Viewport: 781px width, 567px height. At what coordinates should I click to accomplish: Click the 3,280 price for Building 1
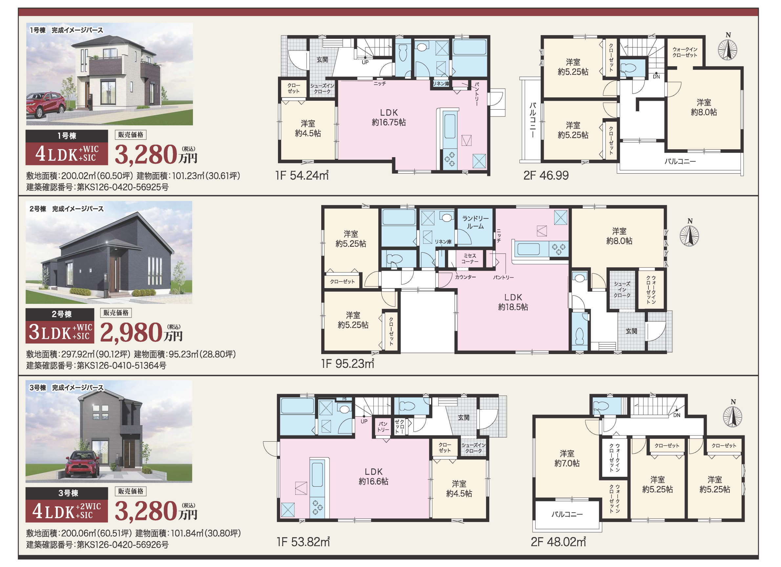tap(146, 155)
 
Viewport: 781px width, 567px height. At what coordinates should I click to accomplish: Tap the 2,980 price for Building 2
tap(131, 333)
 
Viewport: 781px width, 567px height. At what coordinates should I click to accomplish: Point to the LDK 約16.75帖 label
tap(389, 117)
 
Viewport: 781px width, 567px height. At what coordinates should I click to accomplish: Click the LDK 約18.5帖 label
tap(513, 302)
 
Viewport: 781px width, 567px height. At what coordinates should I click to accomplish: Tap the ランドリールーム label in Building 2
tap(475, 222)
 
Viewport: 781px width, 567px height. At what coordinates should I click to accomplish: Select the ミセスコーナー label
tap(470, 259)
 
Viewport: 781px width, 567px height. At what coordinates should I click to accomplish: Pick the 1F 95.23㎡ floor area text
tap(348, 364)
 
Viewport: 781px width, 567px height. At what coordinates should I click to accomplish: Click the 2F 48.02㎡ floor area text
tap(558, 542)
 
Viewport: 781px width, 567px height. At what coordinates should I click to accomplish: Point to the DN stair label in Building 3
tap(677, 415)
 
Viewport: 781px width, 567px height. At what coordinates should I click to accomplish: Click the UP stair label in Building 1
tap(365, 62)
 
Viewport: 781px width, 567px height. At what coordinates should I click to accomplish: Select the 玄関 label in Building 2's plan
tap(631, 331)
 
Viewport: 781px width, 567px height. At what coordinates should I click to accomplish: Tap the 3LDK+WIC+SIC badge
tap(60, 332)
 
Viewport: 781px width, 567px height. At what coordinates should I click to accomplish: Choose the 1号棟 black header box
tap(67, 136)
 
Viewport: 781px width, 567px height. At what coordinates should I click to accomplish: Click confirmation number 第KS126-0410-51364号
tap(121, 366)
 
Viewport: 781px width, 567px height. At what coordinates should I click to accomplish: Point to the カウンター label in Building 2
tap(466, 277)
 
